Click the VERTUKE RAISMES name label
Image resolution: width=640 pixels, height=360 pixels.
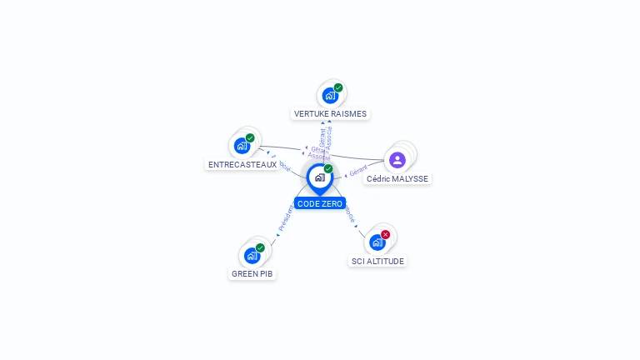pyautogui.click(x=330, y=113)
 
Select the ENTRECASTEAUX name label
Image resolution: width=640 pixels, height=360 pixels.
pyautogui.click(x=242, y=165)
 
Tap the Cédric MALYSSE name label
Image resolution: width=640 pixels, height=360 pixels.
pyautogui.click(x=397, y=179)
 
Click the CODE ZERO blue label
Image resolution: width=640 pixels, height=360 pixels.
pyautogui.click(x=320, y=203)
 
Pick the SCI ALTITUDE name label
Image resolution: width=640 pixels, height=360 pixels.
pyautogui.click(x=377, y=261)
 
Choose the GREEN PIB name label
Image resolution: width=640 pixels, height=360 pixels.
pyautogui.click(x=252, y=273)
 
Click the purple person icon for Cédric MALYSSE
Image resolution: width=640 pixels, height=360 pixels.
pyautogui.click(x=397, y=160)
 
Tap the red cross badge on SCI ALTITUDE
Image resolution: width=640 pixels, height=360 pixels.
pyautogui.click(x=385, y=235)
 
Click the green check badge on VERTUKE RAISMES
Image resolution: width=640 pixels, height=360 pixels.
pyautogui.click(x=338, y=87)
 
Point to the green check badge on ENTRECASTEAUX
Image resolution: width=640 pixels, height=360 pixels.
pyautogui.click(x=250, y=138)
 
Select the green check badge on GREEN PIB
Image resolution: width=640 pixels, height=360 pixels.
pyautogui.click(x=260, y=247)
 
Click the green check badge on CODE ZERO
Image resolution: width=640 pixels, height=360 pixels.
pyautogui.click(x=328, y=169)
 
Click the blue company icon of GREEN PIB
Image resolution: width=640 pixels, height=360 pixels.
pyautogui.click(x=252, y=255)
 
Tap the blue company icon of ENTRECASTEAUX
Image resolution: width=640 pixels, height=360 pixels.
pyautogui.click(x=242, y=146)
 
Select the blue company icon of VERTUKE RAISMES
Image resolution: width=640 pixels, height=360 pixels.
pyautogui.click(x=330, y=96)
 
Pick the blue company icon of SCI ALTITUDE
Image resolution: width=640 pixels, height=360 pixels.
pyautogui.click(x=377, y=242)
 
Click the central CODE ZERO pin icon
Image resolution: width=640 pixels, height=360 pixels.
pyautogui.click(x=319, y=177)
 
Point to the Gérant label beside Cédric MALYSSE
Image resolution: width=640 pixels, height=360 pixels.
pyautogui.click(x=358, y=170)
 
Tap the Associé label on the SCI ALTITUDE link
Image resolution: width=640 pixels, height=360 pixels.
pyautogui.click(x=349, y=214)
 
